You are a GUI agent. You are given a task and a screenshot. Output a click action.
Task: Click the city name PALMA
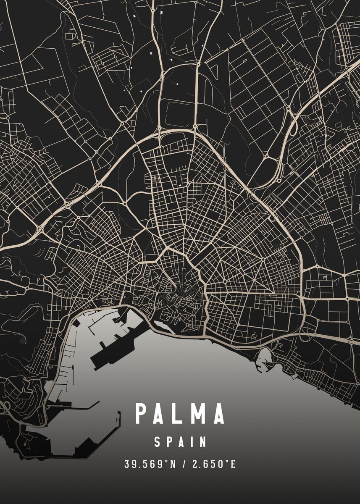coord(180,414)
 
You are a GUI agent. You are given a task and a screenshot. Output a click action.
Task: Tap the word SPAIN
coord(180,442)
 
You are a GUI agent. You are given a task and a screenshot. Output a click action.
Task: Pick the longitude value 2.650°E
coord(214,464)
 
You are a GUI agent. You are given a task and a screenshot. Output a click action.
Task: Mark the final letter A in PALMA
coord(218,414)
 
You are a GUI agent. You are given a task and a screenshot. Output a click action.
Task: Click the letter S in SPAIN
coord(157,442)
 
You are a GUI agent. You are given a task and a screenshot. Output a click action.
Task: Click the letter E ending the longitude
coord(234,464)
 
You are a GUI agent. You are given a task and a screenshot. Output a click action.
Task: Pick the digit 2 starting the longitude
coord(195,464)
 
